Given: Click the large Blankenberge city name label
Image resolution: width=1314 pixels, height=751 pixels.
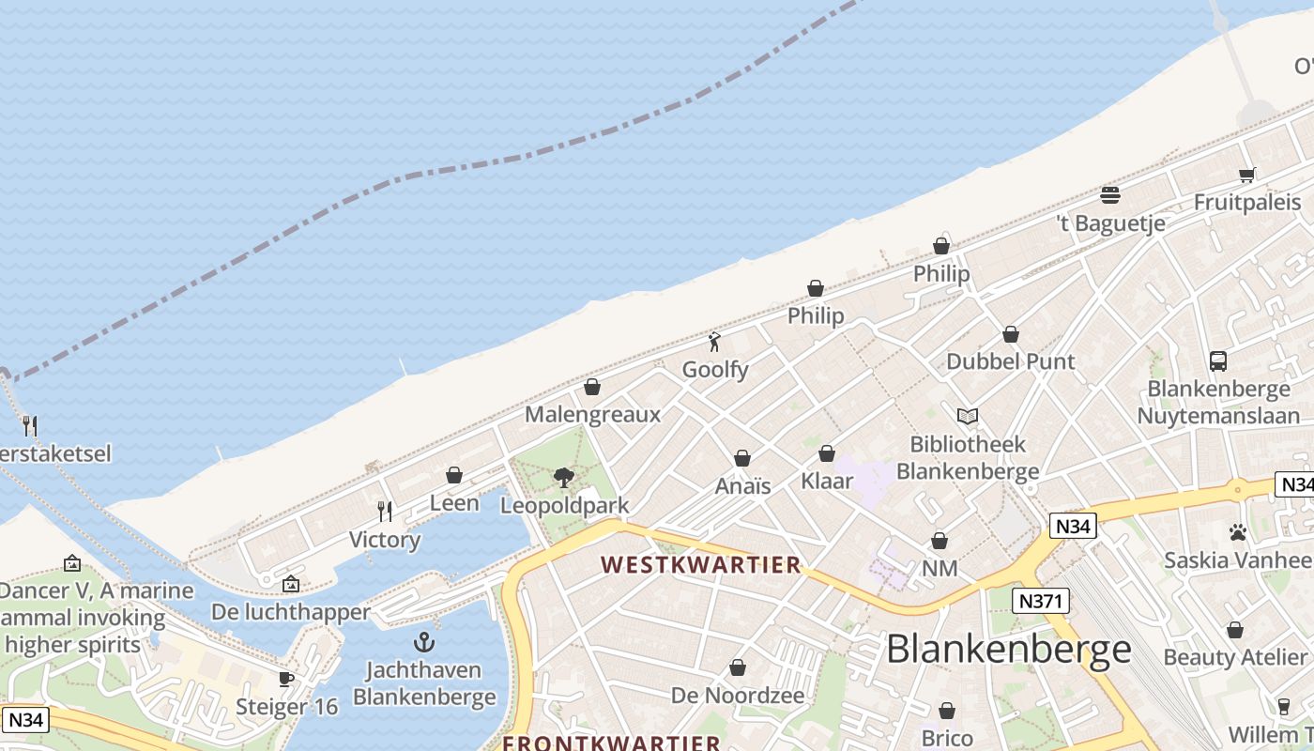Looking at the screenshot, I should pos(1008,649).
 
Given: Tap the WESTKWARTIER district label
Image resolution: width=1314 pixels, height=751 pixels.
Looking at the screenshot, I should pos(701,565).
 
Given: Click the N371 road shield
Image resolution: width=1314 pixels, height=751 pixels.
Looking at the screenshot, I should pos(1041,601).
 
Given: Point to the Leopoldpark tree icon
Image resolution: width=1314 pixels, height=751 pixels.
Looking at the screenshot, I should pos(564,478).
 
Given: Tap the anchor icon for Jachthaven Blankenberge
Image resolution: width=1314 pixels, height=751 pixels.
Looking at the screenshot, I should pos(424,643).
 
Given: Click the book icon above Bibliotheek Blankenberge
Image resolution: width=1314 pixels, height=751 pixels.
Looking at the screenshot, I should pos(968,416).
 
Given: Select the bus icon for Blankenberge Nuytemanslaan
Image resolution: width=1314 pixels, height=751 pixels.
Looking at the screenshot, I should pos(1218,361).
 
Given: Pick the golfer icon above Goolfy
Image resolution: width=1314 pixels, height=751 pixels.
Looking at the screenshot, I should pos(715,342).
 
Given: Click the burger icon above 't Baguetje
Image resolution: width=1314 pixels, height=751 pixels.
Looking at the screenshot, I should pos(1110,195).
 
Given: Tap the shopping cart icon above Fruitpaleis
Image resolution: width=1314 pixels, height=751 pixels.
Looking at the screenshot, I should pos(1247,175).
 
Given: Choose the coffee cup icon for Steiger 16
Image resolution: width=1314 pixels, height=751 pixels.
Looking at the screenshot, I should pos(286,679).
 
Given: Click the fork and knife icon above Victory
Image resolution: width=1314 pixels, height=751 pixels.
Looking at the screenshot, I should pos(385,512).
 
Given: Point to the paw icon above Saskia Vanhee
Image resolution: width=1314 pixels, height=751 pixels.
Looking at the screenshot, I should pos(1237,532).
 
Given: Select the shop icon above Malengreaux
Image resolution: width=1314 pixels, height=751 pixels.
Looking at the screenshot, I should pos(592,387).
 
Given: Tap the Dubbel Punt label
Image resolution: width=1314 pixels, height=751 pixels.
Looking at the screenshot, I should pos(1011,361).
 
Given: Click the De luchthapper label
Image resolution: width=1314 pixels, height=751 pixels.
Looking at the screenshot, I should pos(291,612).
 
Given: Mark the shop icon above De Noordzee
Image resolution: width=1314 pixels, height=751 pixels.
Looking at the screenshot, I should pos(738,668).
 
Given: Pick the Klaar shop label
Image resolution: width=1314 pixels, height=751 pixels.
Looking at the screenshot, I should pos(827,482).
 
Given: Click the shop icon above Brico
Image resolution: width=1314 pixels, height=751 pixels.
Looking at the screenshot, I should pos(947,711).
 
